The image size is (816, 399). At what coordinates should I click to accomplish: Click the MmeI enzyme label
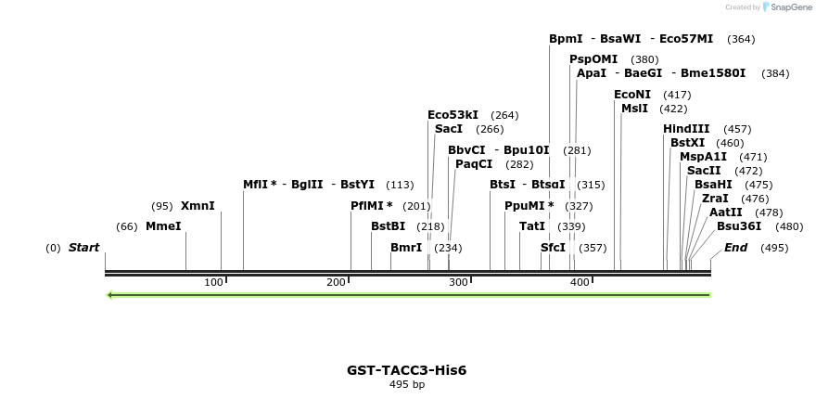[163, 226]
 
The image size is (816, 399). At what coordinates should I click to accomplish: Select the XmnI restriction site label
[198, 206]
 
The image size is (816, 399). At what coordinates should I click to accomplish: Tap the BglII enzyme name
[307, 185]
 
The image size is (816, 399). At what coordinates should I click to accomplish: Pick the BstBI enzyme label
[388, 226]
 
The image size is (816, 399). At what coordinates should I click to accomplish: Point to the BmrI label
[406, 248]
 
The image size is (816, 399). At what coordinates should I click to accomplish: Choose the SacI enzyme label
[448, 129]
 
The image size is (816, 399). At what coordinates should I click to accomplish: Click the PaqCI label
[474, 164]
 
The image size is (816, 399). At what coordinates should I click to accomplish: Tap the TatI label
[532, 226]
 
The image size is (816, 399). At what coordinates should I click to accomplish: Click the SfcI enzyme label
[553, 248]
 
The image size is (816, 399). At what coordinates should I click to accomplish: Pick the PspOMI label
[593, 59]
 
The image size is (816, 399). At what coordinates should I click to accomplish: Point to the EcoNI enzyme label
[632, 95]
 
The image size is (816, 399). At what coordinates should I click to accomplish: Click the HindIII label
[686, 129]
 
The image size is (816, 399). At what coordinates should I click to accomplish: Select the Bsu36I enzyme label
[739, 226]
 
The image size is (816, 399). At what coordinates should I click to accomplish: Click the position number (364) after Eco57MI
[742, 39]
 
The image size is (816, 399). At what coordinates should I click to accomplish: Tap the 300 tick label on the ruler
[458, 282]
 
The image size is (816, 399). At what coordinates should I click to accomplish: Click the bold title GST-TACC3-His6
[407, 370]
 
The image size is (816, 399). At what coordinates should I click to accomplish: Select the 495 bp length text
[407, 384]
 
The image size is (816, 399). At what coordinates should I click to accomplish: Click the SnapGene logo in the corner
[787, 7]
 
